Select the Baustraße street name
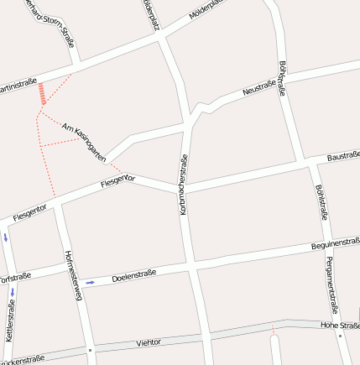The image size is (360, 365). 343,157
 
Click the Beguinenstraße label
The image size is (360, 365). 335,244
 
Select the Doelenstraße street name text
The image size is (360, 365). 135,274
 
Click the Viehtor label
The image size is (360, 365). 148,343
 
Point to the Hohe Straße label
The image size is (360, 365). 340,324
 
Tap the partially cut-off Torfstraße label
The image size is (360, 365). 15,277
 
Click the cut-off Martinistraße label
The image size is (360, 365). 18,85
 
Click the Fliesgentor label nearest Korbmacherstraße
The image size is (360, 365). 117,181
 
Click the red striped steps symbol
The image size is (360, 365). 42,94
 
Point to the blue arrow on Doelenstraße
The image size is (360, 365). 90,282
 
